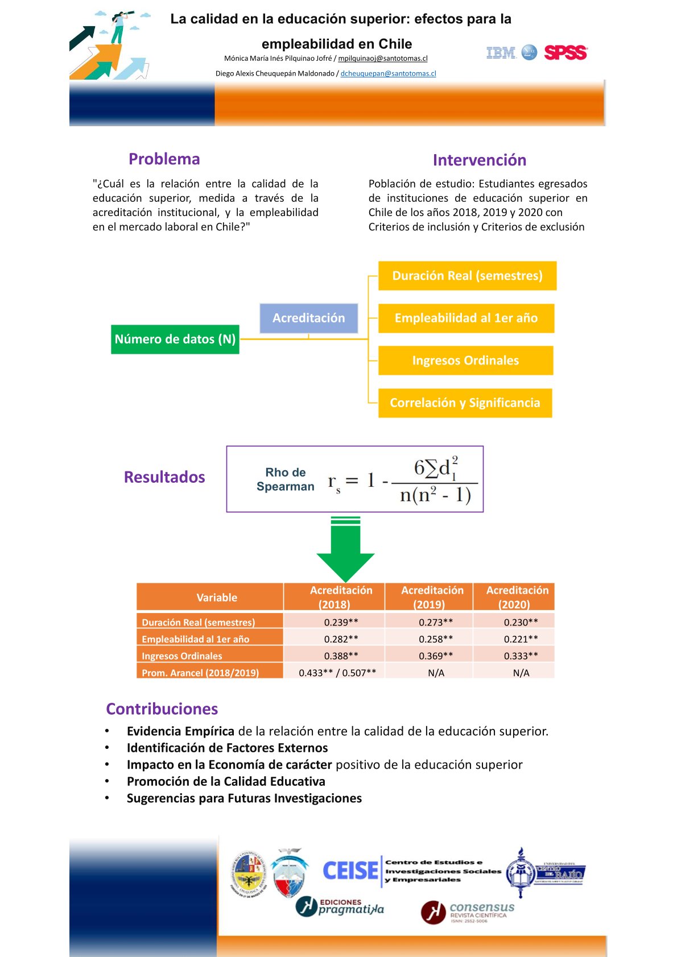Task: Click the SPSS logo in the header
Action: click(x=565, y=53)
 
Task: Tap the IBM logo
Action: click(x=501, y=53)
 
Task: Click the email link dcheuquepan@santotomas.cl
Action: click(x=388, y=73)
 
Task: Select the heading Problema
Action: click(x=164, y=159)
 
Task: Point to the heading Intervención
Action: click(x=479, y=160)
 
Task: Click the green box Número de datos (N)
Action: click(x=175, y=339)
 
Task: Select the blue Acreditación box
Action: click(x=308, y=318)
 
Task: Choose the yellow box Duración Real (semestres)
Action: click(x=467, y=276)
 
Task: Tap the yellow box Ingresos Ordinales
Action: click(x=465, y=361)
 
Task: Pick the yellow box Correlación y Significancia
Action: click(x=465, y=403)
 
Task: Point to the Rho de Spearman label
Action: click(x=285, y=479)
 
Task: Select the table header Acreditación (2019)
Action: click(x=432, y=597)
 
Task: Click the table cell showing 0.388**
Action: click(x=341, y=656)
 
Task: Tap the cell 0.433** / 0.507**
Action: click(x=337, y=673)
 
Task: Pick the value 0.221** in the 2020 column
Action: click(x=521, y=639)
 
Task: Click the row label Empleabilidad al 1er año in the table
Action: click(x=196, y=639)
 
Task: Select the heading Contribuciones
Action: click(x=162, y=709)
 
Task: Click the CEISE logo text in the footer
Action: click(x=350, y=871)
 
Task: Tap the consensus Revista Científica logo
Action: click(x=468, y=912)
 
